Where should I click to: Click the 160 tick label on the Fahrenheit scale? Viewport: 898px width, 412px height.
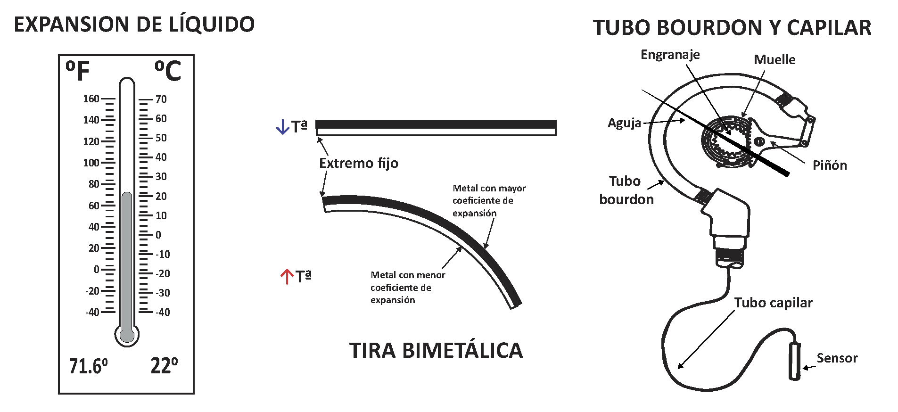point(91,99)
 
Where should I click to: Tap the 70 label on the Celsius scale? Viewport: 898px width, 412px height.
point(161,99)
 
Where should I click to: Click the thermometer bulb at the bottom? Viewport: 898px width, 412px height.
point(127,335)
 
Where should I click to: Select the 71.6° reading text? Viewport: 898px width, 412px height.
point(88,366)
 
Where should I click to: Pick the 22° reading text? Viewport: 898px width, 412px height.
point(164,366)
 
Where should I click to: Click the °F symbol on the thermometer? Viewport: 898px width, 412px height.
point(78,71)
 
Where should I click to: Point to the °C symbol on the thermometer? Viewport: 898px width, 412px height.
point(168,71)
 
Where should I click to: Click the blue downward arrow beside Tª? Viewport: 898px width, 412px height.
point(282,127)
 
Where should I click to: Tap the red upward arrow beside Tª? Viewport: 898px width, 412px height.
point(287,276)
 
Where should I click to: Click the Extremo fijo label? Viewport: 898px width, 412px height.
point(359,163)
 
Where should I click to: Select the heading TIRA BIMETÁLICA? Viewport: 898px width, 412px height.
point(436,351)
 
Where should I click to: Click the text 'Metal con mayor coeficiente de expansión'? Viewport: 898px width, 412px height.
point(489,200)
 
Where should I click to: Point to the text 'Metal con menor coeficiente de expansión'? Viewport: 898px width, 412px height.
point(407,287)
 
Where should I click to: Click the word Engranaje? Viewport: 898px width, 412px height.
point(670,55)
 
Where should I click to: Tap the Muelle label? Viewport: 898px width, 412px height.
point(774,60)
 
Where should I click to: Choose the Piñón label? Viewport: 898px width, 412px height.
point(830,165)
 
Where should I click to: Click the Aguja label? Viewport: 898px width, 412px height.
point(624,123)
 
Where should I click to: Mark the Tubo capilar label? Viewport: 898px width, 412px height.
point(773,303)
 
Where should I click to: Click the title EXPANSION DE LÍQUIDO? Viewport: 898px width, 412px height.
point(134,25)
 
